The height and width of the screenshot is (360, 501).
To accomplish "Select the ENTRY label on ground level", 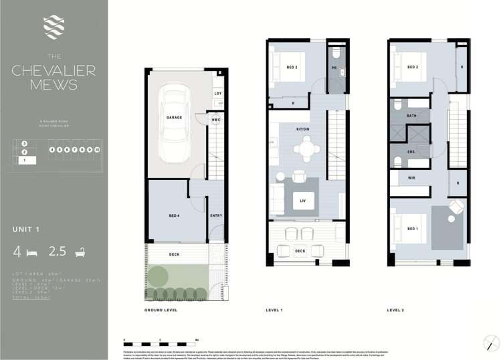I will coord(215,215).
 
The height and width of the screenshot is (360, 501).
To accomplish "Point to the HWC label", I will coord(216,120).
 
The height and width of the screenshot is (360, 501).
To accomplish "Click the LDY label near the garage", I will coord(218,93).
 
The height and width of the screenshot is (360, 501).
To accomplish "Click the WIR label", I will coord(412,177).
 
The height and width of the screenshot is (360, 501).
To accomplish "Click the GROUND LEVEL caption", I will coord(160,310).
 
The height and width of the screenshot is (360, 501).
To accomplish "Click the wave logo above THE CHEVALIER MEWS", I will coord(53,27).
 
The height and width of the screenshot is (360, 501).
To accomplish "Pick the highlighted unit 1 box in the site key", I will coord(25,161).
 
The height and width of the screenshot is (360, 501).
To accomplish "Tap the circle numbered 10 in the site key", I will coord(97,150).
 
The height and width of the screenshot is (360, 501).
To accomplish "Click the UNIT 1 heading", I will coord(27,230).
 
